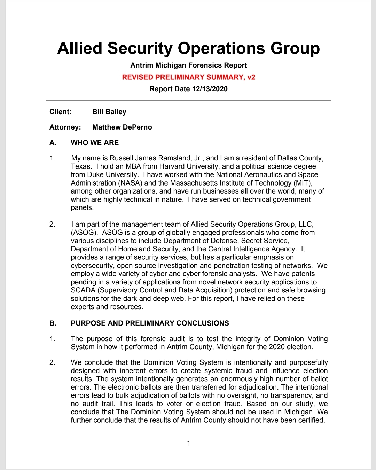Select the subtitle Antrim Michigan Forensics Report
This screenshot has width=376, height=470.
click(188, 65)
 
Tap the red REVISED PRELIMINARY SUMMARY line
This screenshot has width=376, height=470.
click(188, 77)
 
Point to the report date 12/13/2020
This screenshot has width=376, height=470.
click(210, 89)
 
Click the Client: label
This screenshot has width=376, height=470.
click(61, 112)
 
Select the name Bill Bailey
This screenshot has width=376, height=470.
click(109, 112)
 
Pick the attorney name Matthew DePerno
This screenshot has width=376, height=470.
click(122, 127)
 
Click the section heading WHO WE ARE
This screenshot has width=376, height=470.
click(95, 143)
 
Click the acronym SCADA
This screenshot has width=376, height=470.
click(84, 290)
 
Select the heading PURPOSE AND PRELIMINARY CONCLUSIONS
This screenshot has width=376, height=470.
click(150, 323)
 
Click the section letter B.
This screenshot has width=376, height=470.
click(53, 323)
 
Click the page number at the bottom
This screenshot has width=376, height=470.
click(189, 443)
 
